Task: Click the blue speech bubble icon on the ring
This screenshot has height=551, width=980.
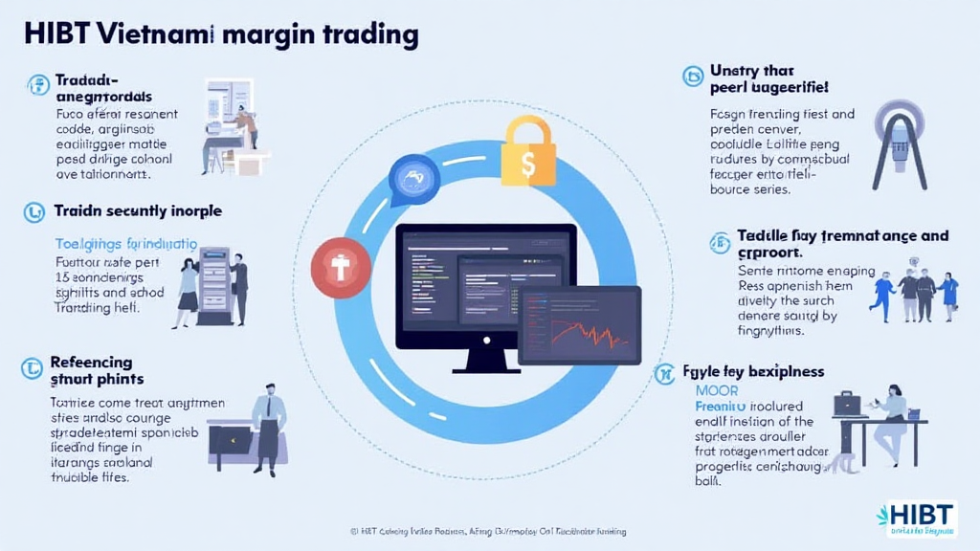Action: pyautogui.click(x=414, y=179)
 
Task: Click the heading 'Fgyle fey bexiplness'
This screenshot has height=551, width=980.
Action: pyautogui.click(x=752, y=371)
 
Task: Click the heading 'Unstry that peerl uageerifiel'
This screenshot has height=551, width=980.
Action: pyautogui.click(x=769, y=79)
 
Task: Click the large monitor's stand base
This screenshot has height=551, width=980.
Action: pyautogui.click(x=486, y=366)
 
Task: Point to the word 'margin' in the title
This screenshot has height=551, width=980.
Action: pyautogui.click(x=272, y=35)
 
